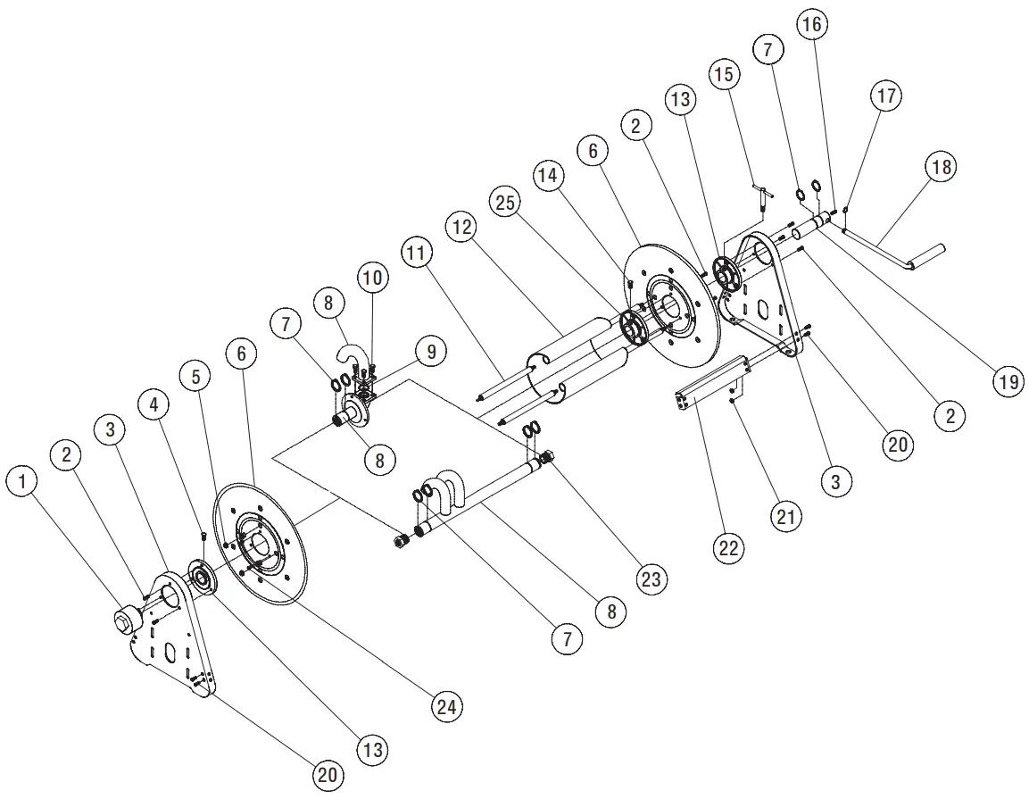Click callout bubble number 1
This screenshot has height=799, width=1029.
tap(23, 483)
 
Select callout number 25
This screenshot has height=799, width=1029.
tap(505, 204)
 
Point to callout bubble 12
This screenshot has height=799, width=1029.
tap(461, 229)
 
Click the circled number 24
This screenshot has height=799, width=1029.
tap(447, 707)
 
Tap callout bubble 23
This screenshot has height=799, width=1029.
tap(651, 578)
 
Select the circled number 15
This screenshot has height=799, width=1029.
tap(723, 74)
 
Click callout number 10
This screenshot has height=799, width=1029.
tap(373, 278)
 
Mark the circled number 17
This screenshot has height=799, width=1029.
tap(886, 95)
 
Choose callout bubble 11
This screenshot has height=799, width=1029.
tap(415, 254)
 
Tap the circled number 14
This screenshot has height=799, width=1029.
tap(549, 177)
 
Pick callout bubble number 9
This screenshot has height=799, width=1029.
tap(430, 351)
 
